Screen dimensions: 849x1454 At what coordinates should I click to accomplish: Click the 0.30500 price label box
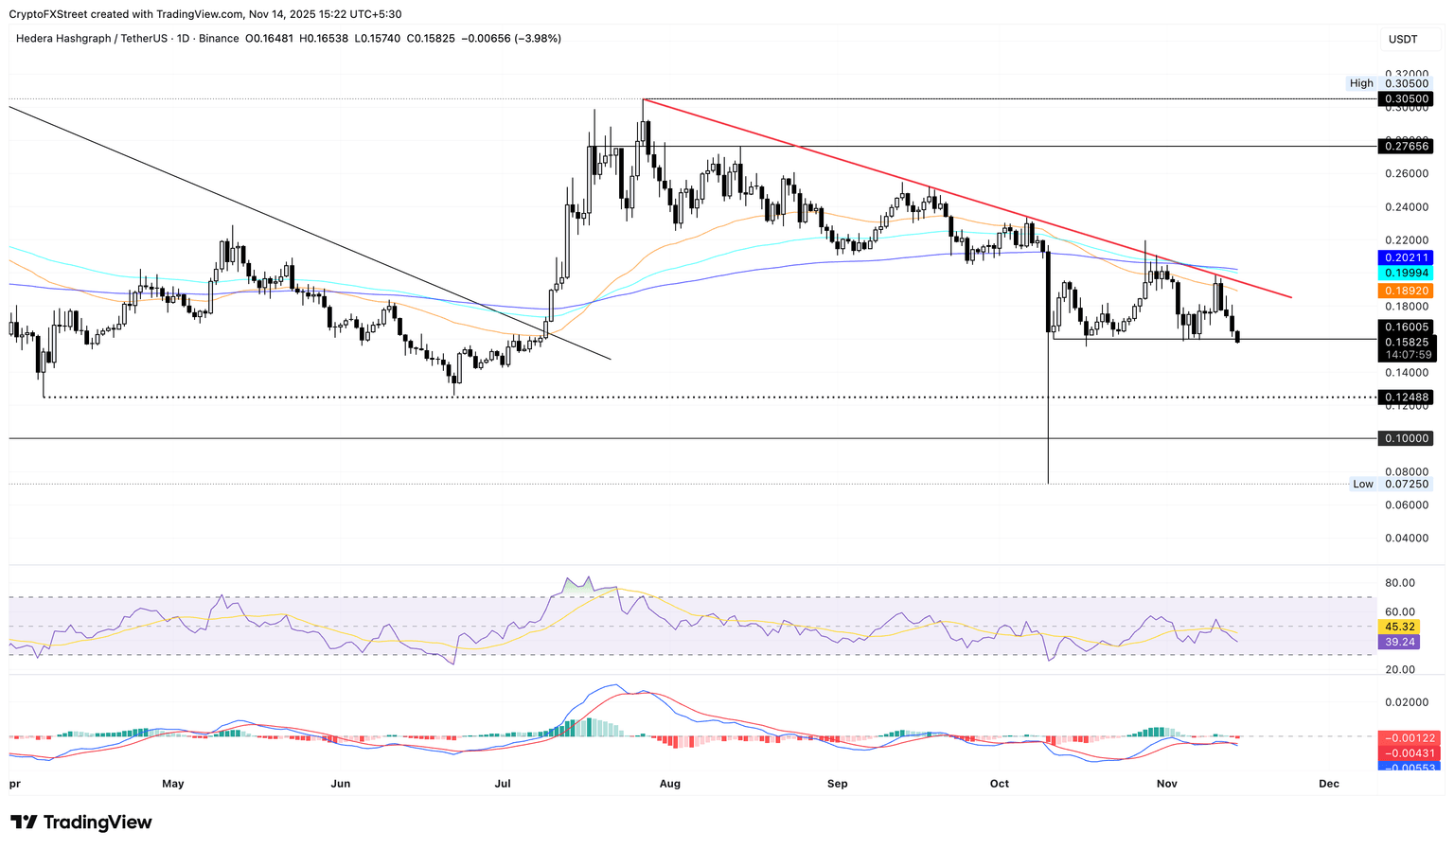(1406, 99)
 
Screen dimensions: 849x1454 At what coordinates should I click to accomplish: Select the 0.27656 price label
(1406, 147)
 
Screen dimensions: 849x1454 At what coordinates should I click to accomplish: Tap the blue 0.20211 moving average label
(1406, 257)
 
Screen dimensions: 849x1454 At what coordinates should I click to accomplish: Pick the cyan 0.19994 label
(1406, 273)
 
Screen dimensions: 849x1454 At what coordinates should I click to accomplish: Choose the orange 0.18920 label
(1406, 291)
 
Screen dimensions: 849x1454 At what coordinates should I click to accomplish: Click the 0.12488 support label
(1406, 398)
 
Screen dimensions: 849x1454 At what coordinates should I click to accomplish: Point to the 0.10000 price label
(1406, 439)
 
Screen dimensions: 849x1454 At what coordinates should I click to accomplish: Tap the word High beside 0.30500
(1361, 83)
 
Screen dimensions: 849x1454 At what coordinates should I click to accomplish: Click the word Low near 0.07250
(1362, 484)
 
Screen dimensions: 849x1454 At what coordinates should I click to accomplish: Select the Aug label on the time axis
(669, 784)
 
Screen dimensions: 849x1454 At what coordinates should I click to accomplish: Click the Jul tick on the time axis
(503, 784)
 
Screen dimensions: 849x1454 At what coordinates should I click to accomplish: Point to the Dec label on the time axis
(1328, 784)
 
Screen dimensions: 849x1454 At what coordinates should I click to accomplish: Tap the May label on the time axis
(173, 784)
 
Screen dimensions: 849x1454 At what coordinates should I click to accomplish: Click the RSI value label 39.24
(1400, 642)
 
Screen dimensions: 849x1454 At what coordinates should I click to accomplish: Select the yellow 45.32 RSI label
(1400, 627)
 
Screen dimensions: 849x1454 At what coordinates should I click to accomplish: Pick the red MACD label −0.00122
(1408, 738)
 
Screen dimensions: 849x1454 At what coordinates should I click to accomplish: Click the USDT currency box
(1403, 39)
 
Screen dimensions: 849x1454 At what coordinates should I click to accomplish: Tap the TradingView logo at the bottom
(81, 822)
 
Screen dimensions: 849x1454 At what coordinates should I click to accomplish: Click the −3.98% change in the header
(537, 39)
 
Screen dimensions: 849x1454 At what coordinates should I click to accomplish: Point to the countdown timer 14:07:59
(1406, 355)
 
